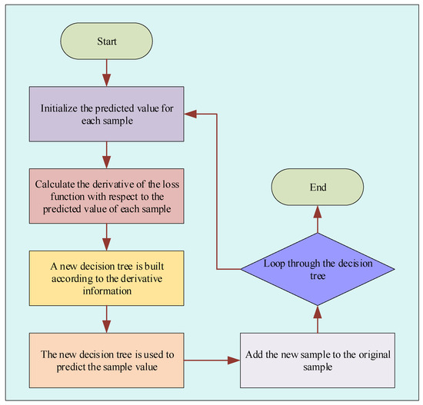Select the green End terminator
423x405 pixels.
pyautogui.click(x=318, y=187)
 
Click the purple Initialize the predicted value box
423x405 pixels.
pyautogui.click(x=106, y=114)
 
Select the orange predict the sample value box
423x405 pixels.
pyautogui.click(x=106, y=359)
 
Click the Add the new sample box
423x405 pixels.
pyautogui.click(x=318, y=359)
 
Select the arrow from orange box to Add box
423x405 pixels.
pyautogui.click(x=212, y=359)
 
